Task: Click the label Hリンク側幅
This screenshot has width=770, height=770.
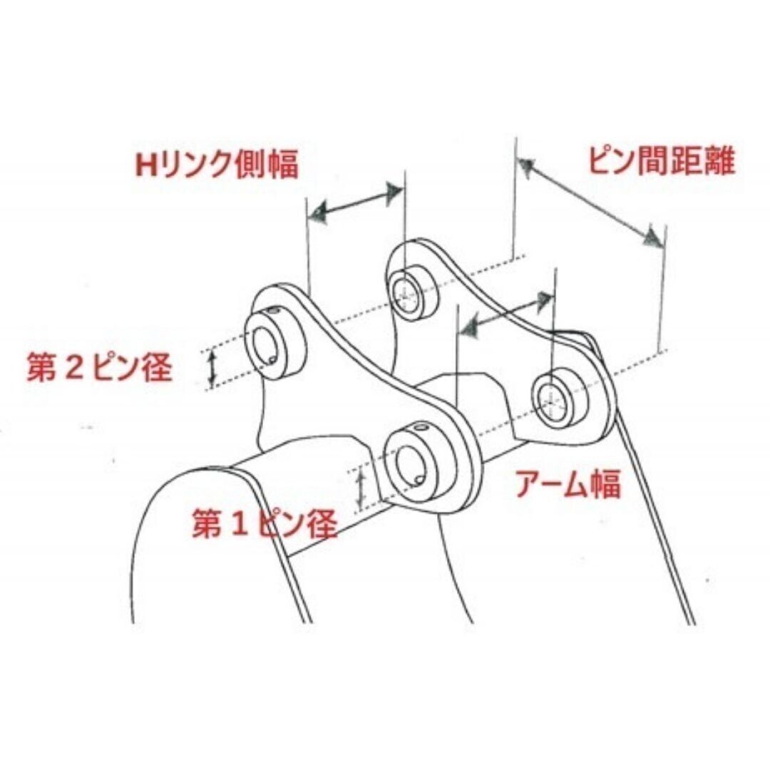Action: pyautogui.click(x=217, y=163)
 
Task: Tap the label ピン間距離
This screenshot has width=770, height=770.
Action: pyautogui.click(x=662, y=160)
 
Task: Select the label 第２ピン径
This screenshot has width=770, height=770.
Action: pyautogui.click(x=99, y=367)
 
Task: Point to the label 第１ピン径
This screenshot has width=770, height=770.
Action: pyautogui.click(x=265, y=523)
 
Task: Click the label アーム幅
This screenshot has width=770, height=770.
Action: pyautogui.click(x=568, y=483)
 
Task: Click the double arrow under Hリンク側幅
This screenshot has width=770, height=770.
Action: pyautogui.click(x=358, y=202)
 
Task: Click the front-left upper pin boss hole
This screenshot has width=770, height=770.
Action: pyautogui.click(x=265, y=346)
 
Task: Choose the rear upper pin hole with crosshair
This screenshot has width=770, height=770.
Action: pyautogui.click(x=406, y=294)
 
